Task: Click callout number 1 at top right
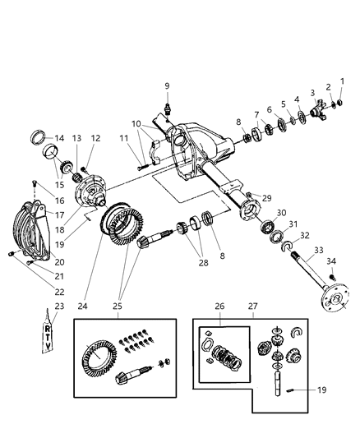343,79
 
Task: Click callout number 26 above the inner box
219,307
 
